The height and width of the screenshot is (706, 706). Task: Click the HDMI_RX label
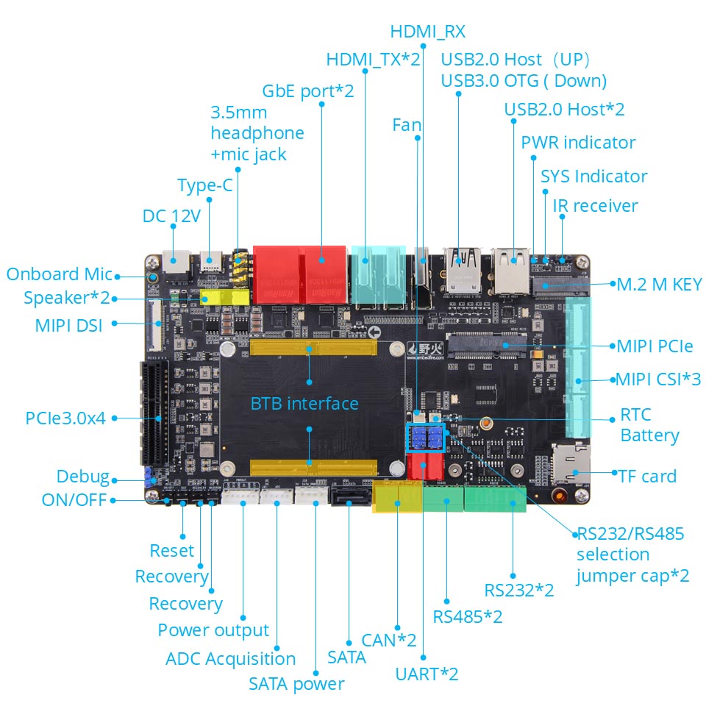coord(427,32)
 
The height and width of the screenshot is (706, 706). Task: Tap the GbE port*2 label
coord(308,91)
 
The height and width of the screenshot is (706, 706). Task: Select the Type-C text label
coord(204,185)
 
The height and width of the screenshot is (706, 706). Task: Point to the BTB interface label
coord(304,403)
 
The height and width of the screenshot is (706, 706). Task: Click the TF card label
coord(647,476)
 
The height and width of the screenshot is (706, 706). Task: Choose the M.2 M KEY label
coord(659,284)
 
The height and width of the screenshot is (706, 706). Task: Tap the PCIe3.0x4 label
coord(65,418)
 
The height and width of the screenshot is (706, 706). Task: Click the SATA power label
coord(296,684)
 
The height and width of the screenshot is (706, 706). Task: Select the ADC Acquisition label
coord(230,659)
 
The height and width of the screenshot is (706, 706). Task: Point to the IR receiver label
coord(595,205)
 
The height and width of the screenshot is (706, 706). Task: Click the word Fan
coord(407,125)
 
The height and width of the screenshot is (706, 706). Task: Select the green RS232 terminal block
coord(495,498)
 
